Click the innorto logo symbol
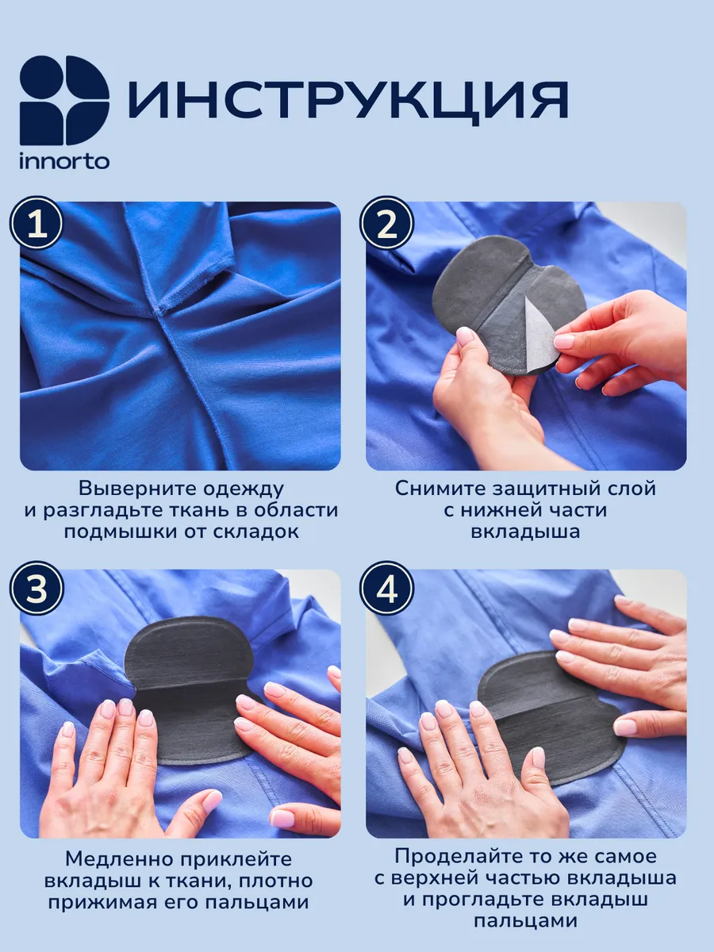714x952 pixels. pos(64,100)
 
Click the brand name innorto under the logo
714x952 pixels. pos(64,161)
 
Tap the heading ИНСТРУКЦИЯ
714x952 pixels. pos(348,101)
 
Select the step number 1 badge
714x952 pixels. pos(36,225)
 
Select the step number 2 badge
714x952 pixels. pos(386,225)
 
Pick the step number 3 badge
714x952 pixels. pos(36,589)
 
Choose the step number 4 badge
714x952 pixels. pos(386,589)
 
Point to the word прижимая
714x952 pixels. pos(103,902)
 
